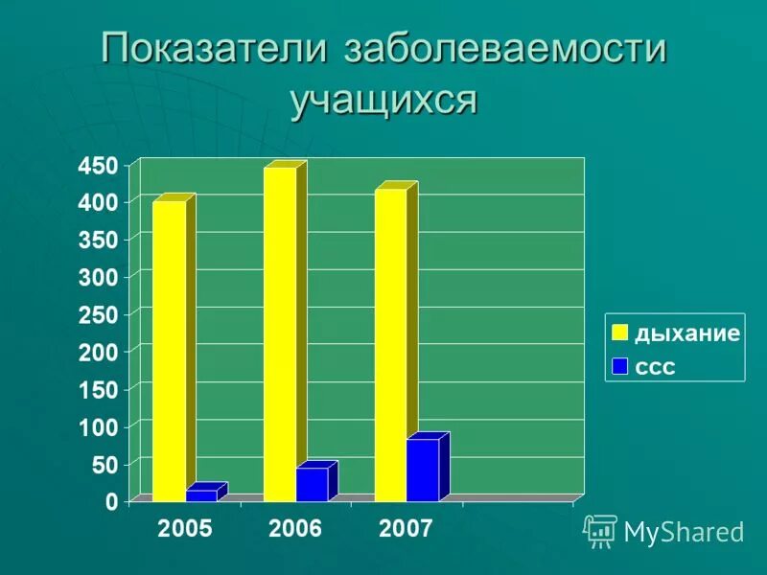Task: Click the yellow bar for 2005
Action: tap(169, 350)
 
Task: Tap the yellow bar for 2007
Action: tap(390, 345)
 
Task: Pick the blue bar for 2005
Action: tap(201, 495)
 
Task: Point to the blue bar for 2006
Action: tap(312, 484)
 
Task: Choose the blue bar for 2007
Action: tap(423, 470)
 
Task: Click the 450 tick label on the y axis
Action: tap(99, 166)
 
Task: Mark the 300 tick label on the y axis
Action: tap(99, 278)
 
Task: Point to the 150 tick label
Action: tap(99, 389)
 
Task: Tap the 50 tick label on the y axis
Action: tap(105, 464)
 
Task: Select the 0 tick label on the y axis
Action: tap(111, 501)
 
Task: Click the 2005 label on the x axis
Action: tap(185, 529)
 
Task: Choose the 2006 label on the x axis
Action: tap(295, 529)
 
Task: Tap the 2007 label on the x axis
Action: tap(406, 529)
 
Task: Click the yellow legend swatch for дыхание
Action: tap(620, 333)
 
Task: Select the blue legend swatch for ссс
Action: tap(620, 365)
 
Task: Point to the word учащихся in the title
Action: tap(383, 99)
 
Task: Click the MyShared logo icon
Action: tap(600, 530)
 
